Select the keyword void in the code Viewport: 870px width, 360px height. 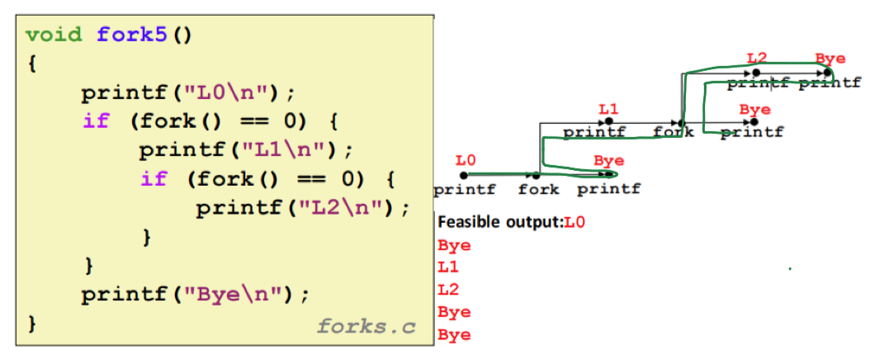coord(55,36)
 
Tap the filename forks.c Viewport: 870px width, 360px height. coord(366,327)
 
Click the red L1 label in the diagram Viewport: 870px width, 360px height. coord(608,109)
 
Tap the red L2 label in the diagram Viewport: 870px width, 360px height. coord(756,58)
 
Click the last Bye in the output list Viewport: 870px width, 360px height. coord(454,334)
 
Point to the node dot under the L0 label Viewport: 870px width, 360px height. coord(464,175)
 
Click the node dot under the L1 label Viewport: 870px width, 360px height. coord(608,123)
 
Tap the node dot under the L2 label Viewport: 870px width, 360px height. coord(756,73)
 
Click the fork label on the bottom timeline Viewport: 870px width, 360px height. coord(538,190)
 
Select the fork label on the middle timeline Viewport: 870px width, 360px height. coord(673,132)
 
